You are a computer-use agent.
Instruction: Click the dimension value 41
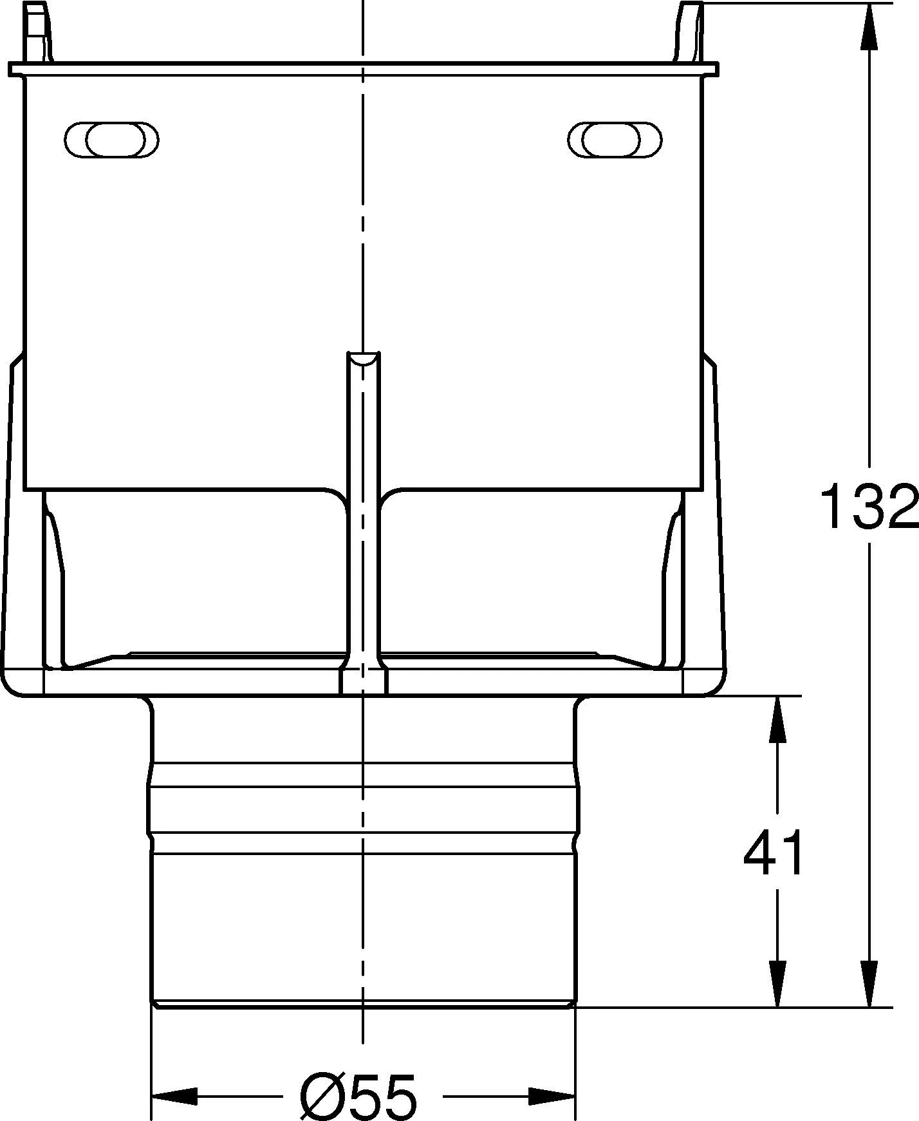tap(774, 854)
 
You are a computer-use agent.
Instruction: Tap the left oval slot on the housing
tap(112, 138)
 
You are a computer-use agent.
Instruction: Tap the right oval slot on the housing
tap(615, 138)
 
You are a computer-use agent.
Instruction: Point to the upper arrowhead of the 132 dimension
tap(869, 26)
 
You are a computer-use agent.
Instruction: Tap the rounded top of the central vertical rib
tap(364, 359)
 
